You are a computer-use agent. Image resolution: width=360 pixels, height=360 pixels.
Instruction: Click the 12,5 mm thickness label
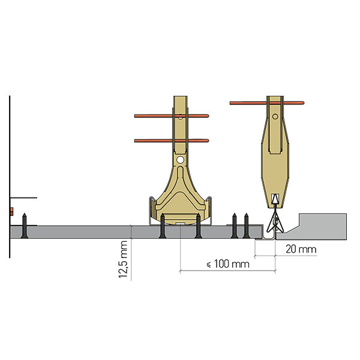[123, 259]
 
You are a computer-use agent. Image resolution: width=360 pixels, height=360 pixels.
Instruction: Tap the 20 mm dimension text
[301, 249]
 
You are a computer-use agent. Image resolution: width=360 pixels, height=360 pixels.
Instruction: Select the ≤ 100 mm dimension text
[228, 264]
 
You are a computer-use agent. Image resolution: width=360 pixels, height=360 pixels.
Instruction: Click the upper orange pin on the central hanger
[172, 116]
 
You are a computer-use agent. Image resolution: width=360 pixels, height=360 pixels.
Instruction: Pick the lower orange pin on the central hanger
[172, 140]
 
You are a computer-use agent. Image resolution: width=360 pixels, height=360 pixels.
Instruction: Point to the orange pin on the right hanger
[267, 103]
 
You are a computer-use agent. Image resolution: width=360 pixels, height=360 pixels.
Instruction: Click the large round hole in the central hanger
[180, 160]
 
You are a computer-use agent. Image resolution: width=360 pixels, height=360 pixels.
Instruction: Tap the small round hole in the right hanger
[275, 116]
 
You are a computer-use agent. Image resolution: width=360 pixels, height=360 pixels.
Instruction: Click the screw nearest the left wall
[25, 226]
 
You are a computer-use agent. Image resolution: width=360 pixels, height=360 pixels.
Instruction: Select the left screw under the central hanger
[163, 226]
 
